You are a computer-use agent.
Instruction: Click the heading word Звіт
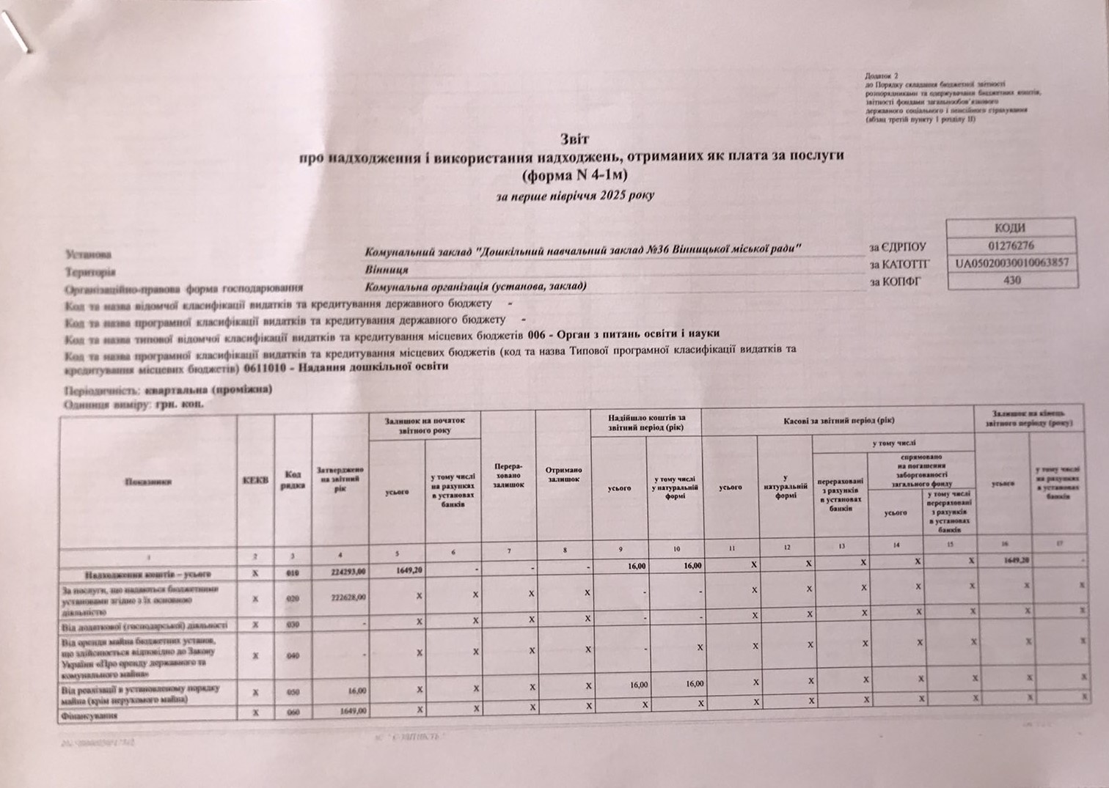tap(574, 139)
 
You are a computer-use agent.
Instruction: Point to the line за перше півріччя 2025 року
tap(575, 196)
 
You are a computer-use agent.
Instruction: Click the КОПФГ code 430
tap(1011, 280)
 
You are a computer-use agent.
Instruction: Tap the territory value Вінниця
tap(387, 269)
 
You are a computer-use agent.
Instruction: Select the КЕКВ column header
tap(255, 480)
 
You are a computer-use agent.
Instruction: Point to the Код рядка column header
tap(293, 480)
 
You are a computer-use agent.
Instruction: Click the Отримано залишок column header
tap(563, 474)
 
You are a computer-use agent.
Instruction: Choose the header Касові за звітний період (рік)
tap(837, 421)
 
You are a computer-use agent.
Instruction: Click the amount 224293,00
tap(350, 570)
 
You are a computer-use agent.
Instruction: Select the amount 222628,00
tap(350, 597)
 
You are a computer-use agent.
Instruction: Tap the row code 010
tap(293, 570)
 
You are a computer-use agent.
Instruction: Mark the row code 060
tap(293, 711)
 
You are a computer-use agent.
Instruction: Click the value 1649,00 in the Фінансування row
tap(354, 710)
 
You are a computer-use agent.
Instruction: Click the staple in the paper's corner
tap(16, 33)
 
